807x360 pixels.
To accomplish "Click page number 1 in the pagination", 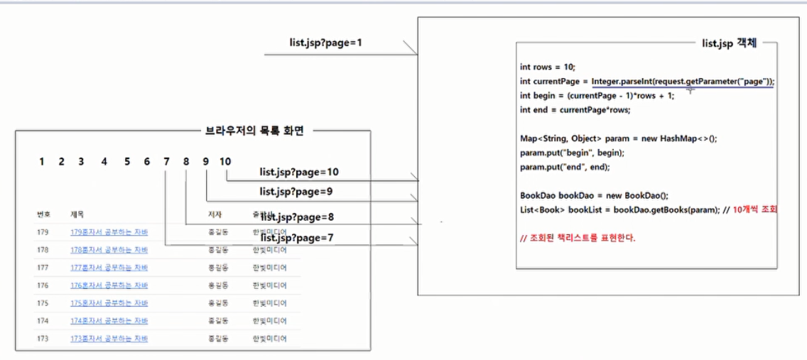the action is point(43,161).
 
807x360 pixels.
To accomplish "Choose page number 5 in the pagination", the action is point(127,161).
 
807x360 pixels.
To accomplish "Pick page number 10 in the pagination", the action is point(225,161).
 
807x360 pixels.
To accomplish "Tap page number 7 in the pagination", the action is point(166,161).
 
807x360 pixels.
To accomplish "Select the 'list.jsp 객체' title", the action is point(729,43).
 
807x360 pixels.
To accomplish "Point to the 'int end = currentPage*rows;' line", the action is point(565,110).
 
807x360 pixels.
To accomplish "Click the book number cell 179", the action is point(43,231).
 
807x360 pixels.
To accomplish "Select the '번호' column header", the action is point(43,214).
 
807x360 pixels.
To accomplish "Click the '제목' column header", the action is point(77,214).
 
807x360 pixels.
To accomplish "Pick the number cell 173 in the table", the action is point(43,339).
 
